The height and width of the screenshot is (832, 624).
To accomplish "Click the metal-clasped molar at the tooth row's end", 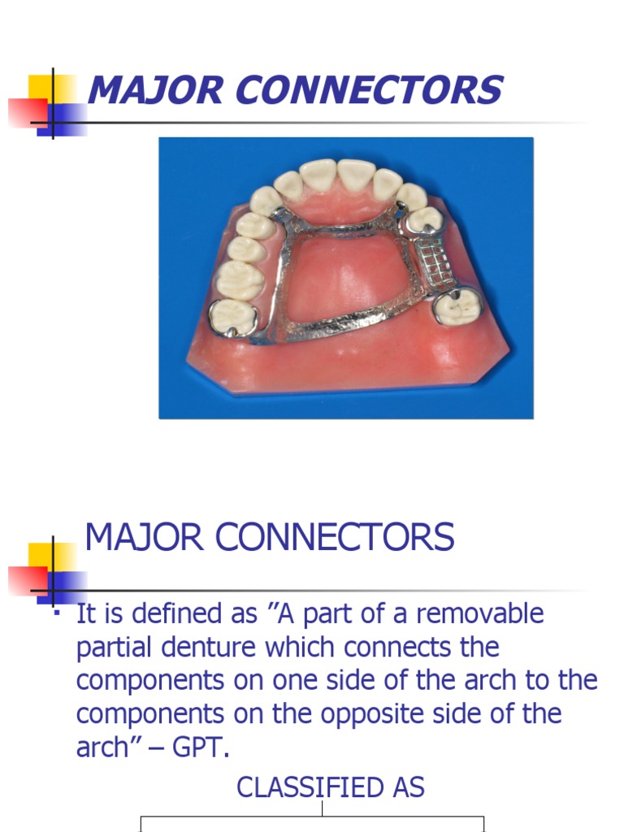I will [x=230, y=316].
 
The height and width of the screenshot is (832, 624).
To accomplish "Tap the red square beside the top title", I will [x=26, y=113].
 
